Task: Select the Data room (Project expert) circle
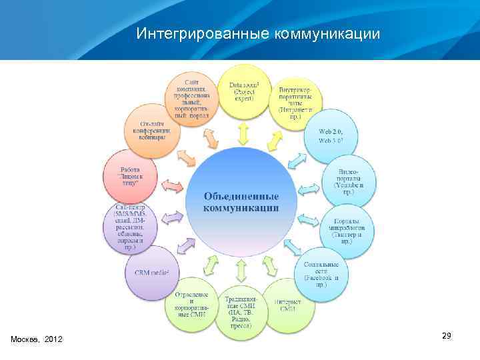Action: click(244, 91)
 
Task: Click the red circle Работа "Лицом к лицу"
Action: click(131, 175)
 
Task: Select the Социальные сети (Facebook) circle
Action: click(321, 274)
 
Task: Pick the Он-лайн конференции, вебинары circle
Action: click(153, 129)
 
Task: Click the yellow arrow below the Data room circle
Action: click(243, 135)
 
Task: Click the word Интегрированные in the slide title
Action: click(201, 33)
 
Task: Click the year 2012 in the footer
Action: click(53, 340)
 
